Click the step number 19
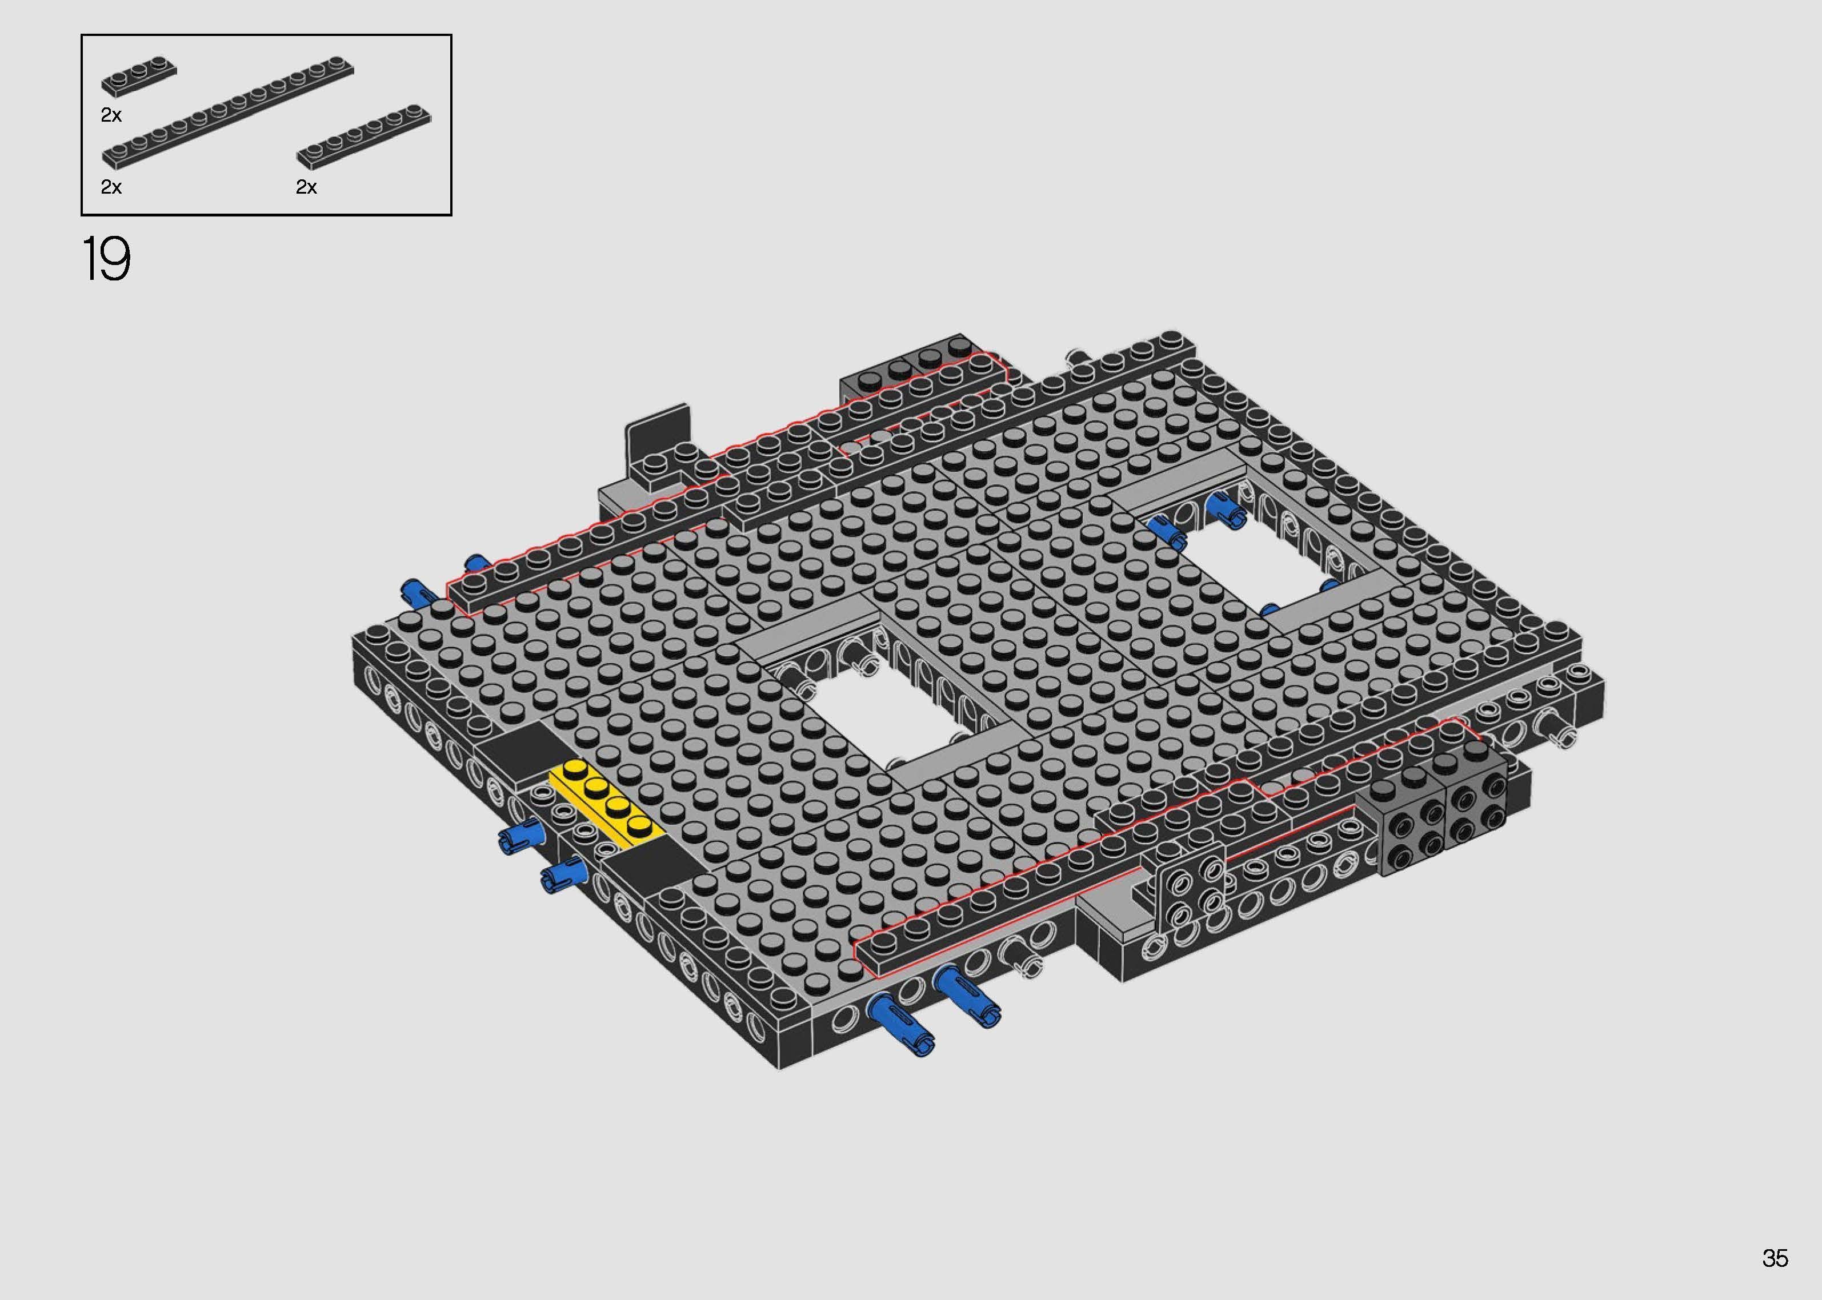pos(106,259)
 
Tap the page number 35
pos(1774,1258)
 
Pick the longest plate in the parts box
pos(228,112)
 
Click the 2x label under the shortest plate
pos(111,115)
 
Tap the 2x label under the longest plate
pos(111,187)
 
